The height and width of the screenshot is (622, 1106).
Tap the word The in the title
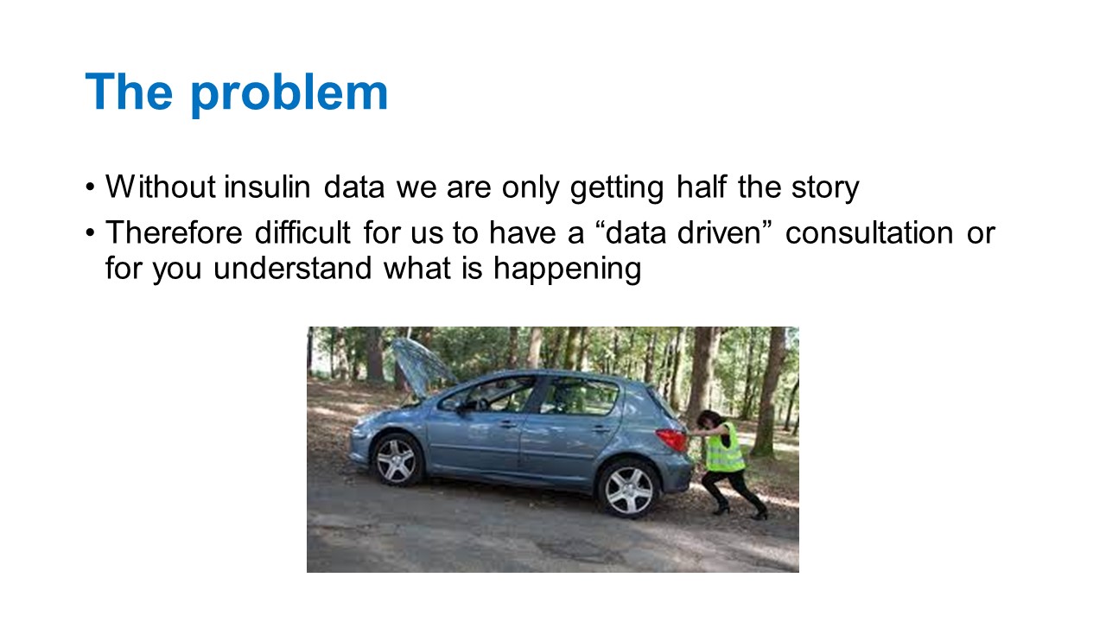point(130,92)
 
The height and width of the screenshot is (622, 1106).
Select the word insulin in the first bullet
point(267,187)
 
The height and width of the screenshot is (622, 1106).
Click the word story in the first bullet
point(825,188)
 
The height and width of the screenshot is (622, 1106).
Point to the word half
point(701,187)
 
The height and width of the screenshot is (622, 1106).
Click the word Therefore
point(174,232)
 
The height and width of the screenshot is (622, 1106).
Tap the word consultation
point(869,232)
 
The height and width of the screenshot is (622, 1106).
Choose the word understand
point(292,268)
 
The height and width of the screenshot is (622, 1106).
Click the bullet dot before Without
point(89,187)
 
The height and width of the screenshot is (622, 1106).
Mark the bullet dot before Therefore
point(89,233)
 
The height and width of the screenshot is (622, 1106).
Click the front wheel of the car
point(397,460)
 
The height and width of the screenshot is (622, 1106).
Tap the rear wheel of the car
point(628,490)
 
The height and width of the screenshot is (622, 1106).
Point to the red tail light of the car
point(672,439)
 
